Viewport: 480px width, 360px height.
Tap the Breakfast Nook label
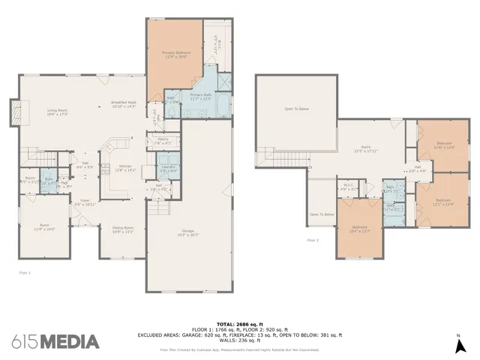(x=122, y=104)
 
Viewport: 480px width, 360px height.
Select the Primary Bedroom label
(x=177, y=55)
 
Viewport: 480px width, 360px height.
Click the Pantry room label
(x=163, y=140)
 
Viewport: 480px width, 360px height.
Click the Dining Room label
(x=122, y=229)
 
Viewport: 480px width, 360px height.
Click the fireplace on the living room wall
(x=13, y=112)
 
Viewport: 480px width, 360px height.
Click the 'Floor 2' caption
(x=313, y=240)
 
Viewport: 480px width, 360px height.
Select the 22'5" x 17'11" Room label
(x=366, y=148)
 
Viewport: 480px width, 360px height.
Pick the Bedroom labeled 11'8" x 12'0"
(x=445, y=145)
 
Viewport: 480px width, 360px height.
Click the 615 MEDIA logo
(x=55, y=342)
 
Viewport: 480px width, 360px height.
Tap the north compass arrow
(x=457, y=346)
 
